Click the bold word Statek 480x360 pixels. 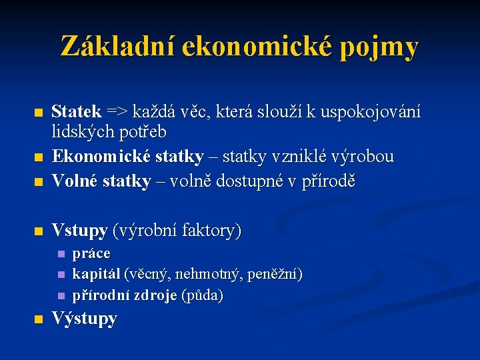[x=77, y=111]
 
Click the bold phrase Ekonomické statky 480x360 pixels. [x=127, y=157]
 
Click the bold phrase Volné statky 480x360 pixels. [x=101, y=181]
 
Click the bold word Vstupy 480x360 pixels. [x=79, y=231]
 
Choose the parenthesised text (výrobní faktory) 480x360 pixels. [x=177, y=231]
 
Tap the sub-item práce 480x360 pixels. [x=91, y=254]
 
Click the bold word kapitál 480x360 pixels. [x=96, y=274]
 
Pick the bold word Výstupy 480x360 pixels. [x=84, y=319]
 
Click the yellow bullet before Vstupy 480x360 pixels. [x=39, y=232]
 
